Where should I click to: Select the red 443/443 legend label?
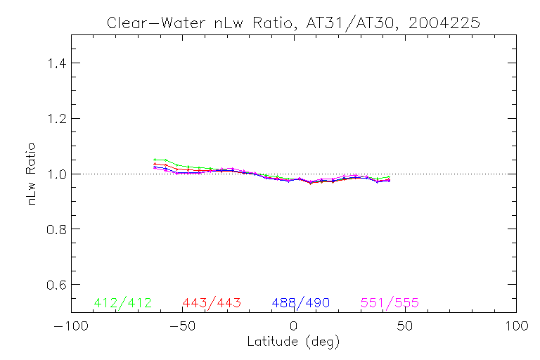(x=212, y=303)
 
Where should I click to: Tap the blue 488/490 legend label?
(x=301, y=303)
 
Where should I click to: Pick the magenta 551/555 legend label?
(x=390, y=303)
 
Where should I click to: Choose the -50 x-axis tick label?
(x=181, y=327)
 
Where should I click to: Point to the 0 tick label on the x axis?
(x=293, y=327)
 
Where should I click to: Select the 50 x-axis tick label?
(x=405, y=327)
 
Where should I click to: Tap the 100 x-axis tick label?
(x=516, y=327)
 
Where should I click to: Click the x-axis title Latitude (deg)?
(x=293, y=342)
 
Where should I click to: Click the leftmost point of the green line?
(x=155, y=160)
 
